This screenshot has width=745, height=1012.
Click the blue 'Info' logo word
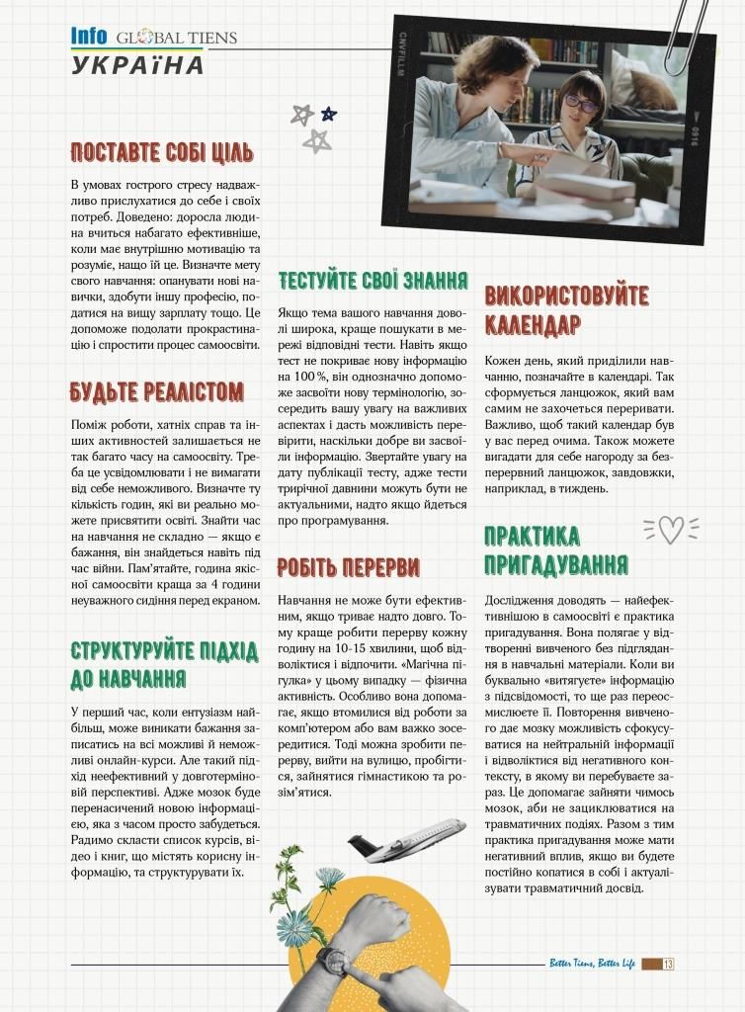tap(89, 36)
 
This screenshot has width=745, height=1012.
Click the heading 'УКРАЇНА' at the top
tap(138, 65)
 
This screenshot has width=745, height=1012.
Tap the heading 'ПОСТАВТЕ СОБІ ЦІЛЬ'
tap(162, 152)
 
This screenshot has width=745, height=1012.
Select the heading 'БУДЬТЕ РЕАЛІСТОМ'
tap(156, 391)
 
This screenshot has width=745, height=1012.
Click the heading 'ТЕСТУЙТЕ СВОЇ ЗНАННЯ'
tap(372, 280)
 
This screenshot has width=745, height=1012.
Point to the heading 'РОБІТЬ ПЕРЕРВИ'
tap(348, 567)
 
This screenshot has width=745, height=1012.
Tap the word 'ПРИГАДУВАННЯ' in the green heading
tap(555, 564)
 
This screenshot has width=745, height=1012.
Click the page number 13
tap(669, 964)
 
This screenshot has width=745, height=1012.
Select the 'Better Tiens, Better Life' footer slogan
tap(592, 964)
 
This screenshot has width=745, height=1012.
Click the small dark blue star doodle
tap(329, 114)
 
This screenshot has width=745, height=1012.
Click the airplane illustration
tap(407, 836)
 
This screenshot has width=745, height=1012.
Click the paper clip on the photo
tap(688, 30)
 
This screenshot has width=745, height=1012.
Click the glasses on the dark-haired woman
tap(580, 104)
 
